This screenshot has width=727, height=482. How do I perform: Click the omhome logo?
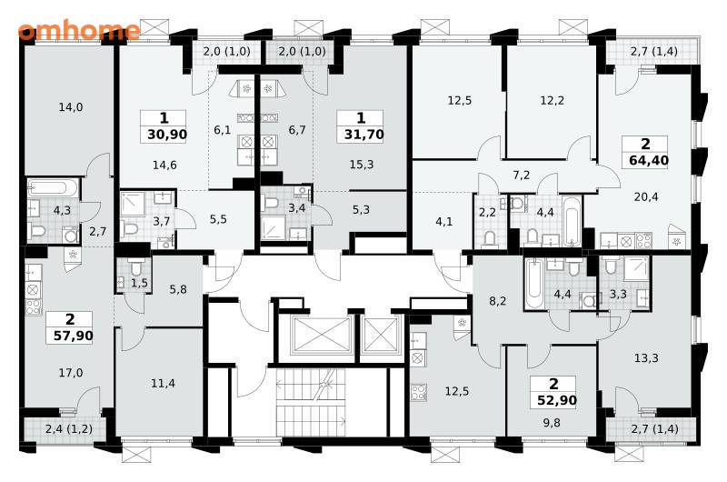(x=79, y=31)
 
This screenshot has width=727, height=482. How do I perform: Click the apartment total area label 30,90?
(x=167, y=135)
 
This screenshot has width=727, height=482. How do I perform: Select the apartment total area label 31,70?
(x=363, y=135)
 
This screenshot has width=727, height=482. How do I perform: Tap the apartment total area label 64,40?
(x=649, y=160)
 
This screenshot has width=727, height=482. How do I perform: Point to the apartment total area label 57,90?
(x=74, y=336)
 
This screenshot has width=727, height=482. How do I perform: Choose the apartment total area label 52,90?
(x=557, y=400)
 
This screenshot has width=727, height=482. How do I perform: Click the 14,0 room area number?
(x=71, y=107)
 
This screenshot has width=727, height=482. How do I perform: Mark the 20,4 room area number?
(x=646, y=197)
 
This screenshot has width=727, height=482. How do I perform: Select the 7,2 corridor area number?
(x=521, y=176)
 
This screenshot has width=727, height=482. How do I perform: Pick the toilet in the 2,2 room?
(x=489, y=239)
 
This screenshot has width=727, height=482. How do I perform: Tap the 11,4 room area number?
(x=163, y=384)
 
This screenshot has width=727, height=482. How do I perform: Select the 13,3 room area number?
(x=646, y=358)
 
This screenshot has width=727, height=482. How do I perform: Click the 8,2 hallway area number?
(x=497, y=302)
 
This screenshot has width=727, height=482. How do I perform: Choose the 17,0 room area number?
(x=71, y=373)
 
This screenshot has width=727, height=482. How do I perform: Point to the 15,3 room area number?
(x=361, y=165)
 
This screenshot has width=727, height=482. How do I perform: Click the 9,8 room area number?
(x=551, y=423)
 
